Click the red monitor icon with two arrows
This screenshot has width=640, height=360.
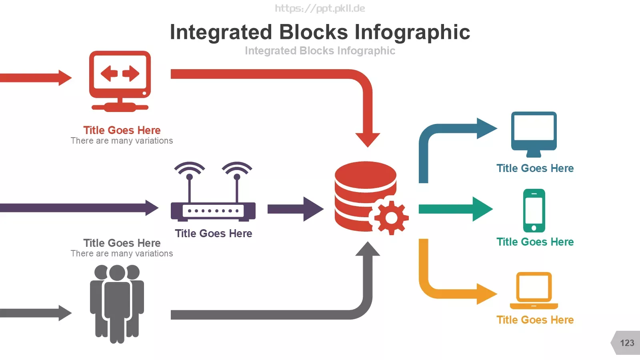click(120, 82)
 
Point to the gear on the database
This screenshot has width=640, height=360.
click(392, 218)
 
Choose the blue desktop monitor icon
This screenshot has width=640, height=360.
click(534, 134)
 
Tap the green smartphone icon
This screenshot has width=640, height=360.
click(534, 210)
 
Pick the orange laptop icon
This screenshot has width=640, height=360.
click(534, 290)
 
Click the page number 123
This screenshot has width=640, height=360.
click(627, 343)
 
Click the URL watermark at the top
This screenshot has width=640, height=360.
click(320, 8)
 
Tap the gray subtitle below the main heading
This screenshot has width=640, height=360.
click(320, 50)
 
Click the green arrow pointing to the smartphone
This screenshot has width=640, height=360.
click(456, 209)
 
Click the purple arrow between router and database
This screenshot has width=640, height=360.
click(296, 209)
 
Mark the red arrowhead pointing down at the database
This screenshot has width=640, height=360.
click(368, 140)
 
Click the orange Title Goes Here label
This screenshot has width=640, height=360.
click(535, 320)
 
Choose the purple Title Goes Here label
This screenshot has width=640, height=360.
click(214, 234)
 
